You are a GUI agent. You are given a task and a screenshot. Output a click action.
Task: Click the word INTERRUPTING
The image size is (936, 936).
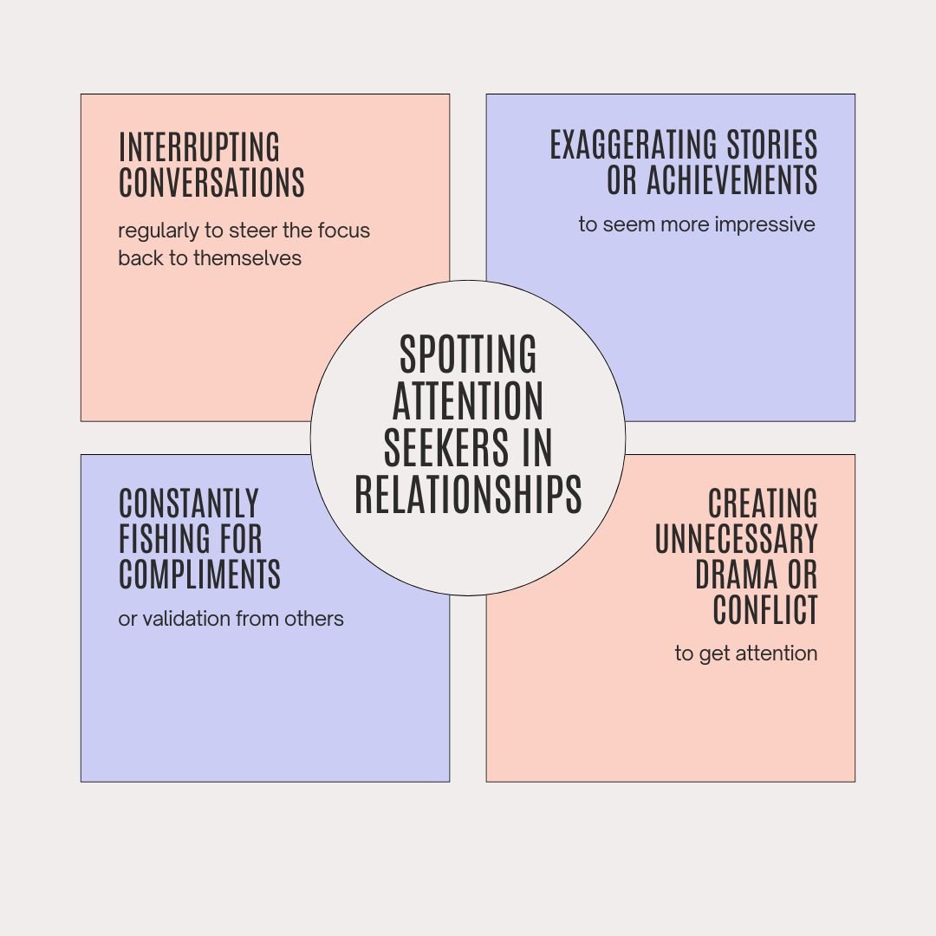[199, 147]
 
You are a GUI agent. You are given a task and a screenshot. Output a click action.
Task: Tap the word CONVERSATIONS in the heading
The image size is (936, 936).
[211, 183]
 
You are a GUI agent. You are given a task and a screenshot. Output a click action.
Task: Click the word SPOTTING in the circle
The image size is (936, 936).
[468, 354]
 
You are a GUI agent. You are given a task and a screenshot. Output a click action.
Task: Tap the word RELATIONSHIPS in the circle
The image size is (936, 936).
[468, 495]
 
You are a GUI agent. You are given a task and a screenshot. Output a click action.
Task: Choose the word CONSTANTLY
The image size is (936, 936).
[189, 504]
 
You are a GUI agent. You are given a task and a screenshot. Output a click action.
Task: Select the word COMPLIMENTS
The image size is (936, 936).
[199, 575]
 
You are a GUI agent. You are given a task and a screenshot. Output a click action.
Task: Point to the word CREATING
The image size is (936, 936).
[763, 504]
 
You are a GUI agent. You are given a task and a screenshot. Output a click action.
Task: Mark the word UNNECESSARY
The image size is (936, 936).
[736, 539]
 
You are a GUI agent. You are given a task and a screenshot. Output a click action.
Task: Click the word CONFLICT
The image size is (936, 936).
[765, 610]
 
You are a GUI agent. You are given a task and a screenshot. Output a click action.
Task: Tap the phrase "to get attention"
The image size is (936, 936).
[746, 653]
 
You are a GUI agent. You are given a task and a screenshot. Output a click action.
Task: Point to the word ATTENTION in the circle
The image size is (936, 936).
[468, 401]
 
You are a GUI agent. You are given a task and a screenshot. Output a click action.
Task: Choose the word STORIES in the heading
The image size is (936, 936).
[771, 146]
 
